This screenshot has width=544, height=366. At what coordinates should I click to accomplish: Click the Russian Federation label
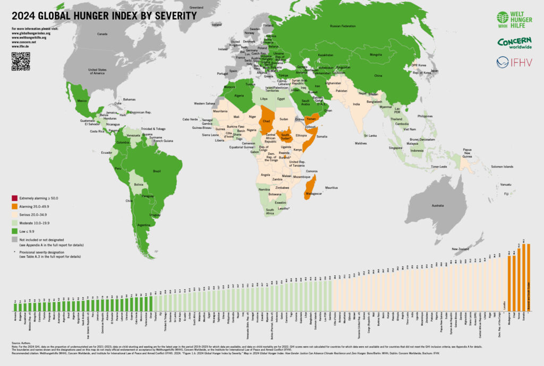click(x=343, y=25)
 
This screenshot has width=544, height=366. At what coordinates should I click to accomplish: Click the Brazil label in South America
click(x=157, y=171)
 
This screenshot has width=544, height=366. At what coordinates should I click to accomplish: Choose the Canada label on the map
click(x=102, y=34)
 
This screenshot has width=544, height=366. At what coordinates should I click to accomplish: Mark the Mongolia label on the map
click(x=376, y=55)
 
